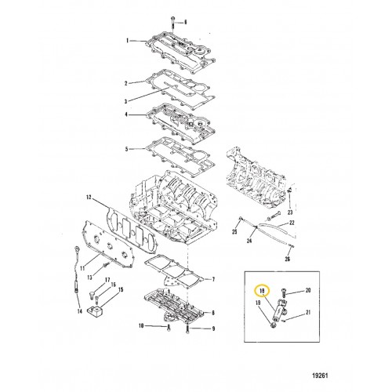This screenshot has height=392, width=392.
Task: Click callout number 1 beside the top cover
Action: (x=128, y=41)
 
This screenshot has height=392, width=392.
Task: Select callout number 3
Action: (x=125, y=101)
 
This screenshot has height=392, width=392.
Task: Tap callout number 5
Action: (x=127, y=149)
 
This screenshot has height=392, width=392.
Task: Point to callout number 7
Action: (x=213, y=280)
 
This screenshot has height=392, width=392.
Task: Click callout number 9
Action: (x=213, y=328)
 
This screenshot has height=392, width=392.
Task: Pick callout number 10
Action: (x=141, y=326)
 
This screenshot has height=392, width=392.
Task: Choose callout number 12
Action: (x=89, y=198)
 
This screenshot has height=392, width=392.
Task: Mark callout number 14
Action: (x=80, y=311)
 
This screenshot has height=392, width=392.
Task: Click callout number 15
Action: (x=121, y=289)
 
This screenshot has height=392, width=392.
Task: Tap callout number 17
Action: (x=107, y=280)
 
